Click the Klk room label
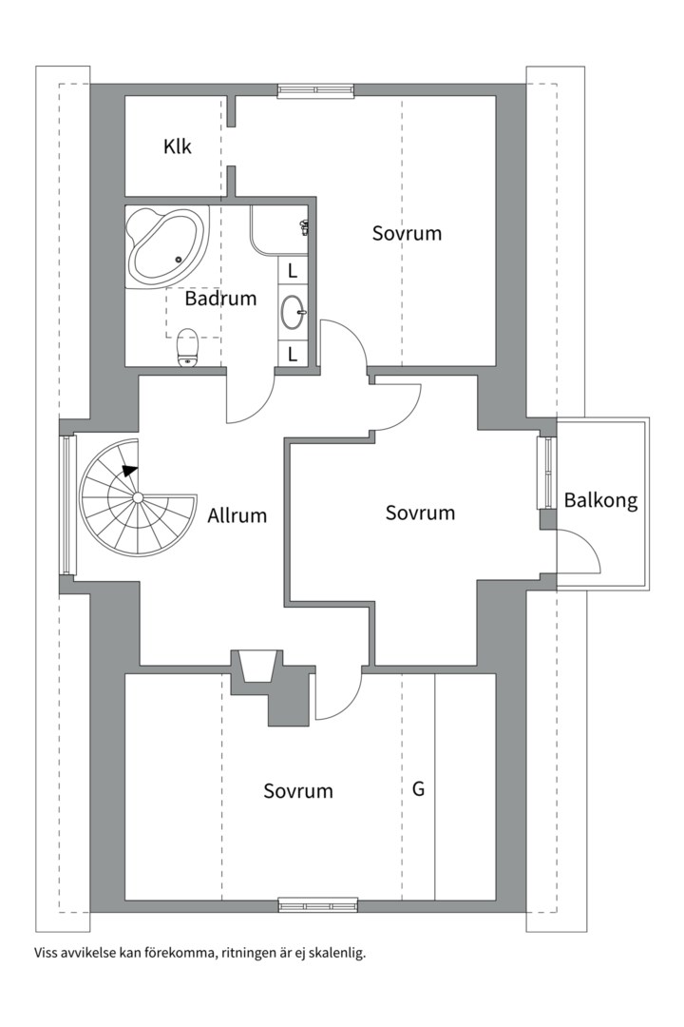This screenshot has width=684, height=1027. (x=178, y=147)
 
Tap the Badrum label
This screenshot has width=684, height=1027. (x=220, y=299)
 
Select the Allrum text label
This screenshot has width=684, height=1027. (x=237, y=516)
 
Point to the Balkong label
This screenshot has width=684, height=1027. (x=599, y=500)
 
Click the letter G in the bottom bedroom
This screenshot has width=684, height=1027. (x=418, y=789)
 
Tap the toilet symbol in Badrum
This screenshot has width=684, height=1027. (x=187, y=346)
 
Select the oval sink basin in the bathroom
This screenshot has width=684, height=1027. (x=294, y=310)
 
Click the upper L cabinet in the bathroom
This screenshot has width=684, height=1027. (x=293, y=270)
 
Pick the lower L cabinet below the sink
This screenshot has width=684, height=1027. (x=293, y=355)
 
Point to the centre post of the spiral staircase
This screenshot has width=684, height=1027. (x=138, y=497)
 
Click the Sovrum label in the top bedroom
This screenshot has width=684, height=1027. (x=407, y=233)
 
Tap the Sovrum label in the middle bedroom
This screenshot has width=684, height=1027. (x=420, y=513)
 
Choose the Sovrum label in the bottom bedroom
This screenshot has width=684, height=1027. (x=298, y=791)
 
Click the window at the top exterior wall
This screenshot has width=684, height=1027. (x=316, y=90)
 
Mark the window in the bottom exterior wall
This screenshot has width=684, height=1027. (x=317, y=905)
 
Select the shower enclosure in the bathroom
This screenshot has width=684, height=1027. (x=277, y=230)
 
